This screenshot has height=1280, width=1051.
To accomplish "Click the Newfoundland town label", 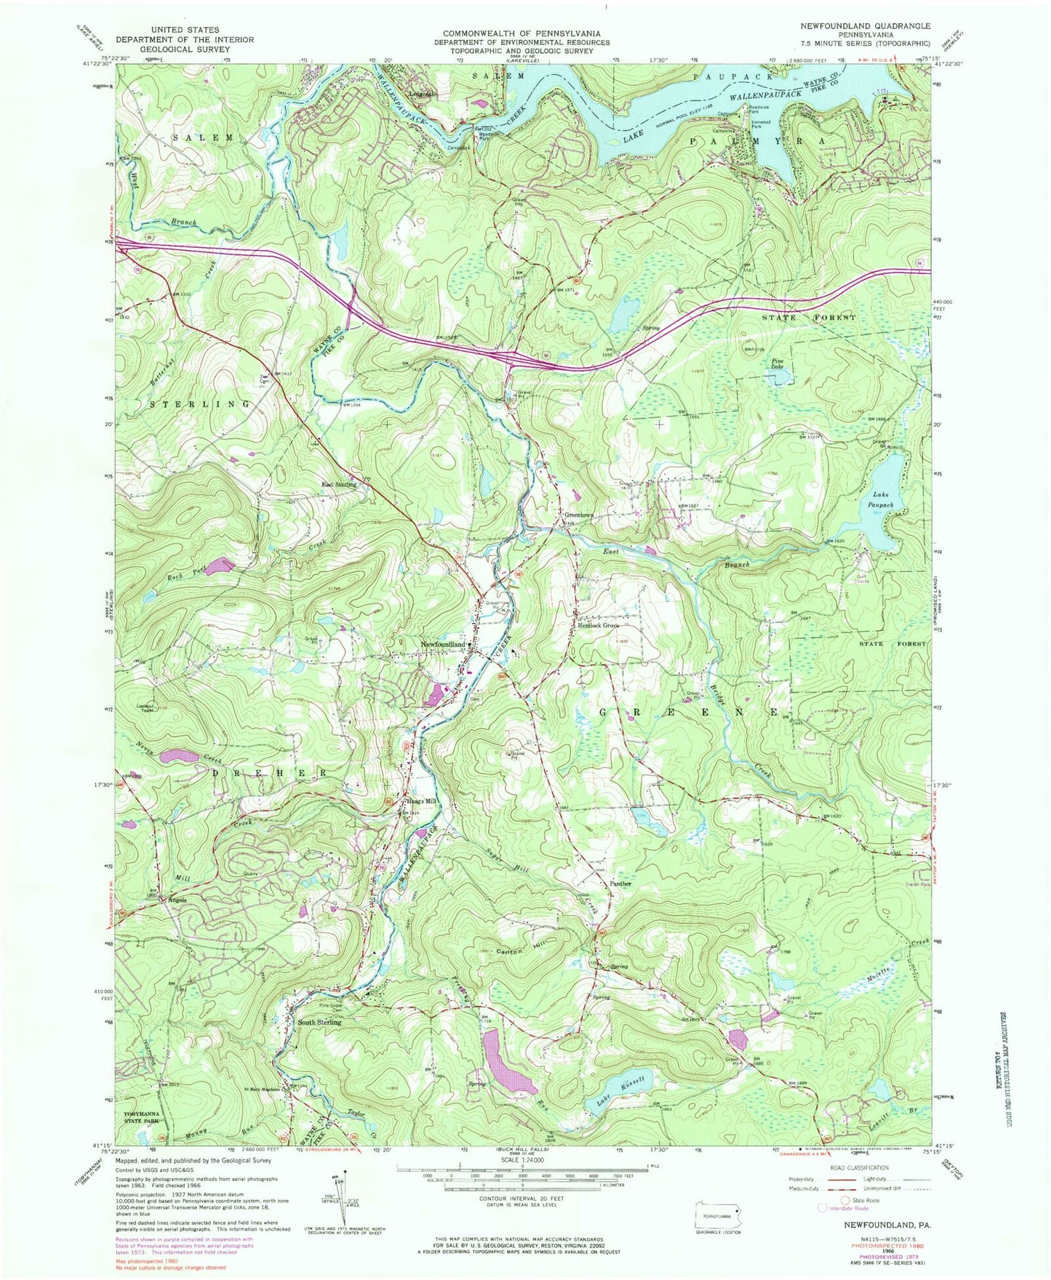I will pos(441,645).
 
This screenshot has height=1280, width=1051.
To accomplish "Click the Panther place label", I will pos(620,884).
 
